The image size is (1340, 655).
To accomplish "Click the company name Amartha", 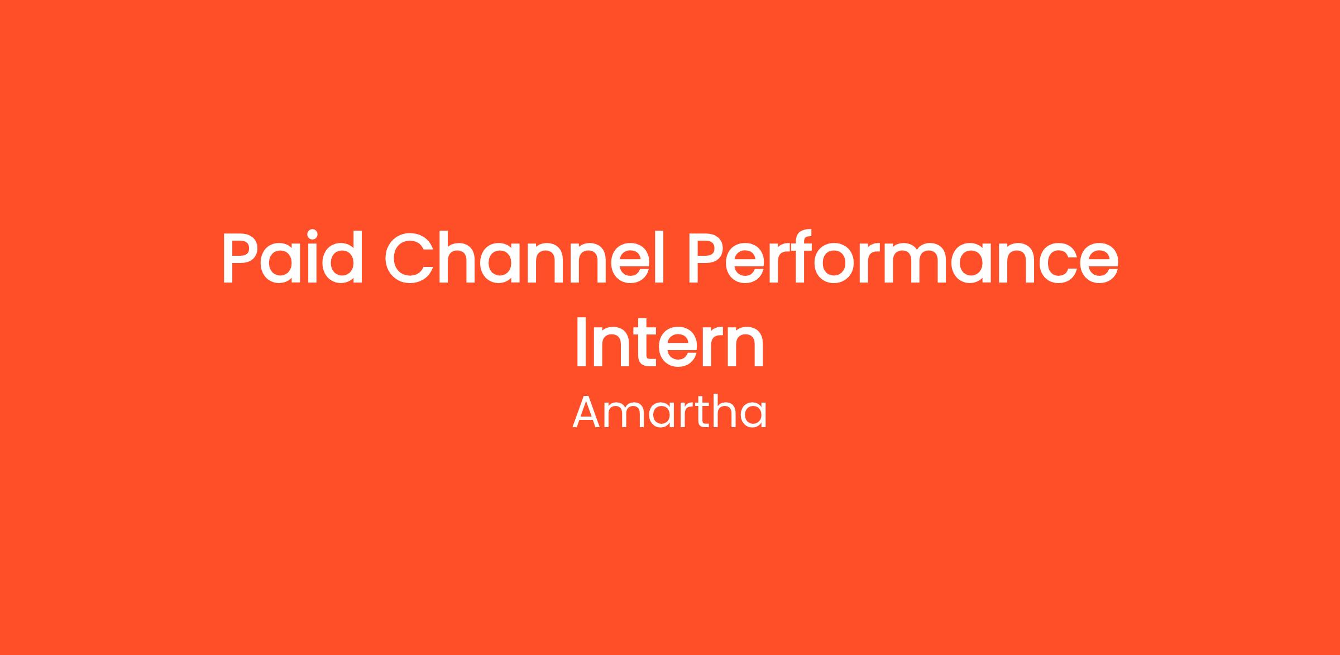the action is pyautogui.click(x=669, y=412).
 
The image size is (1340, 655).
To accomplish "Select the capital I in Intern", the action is pyautogui.click(x=580, y=342).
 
